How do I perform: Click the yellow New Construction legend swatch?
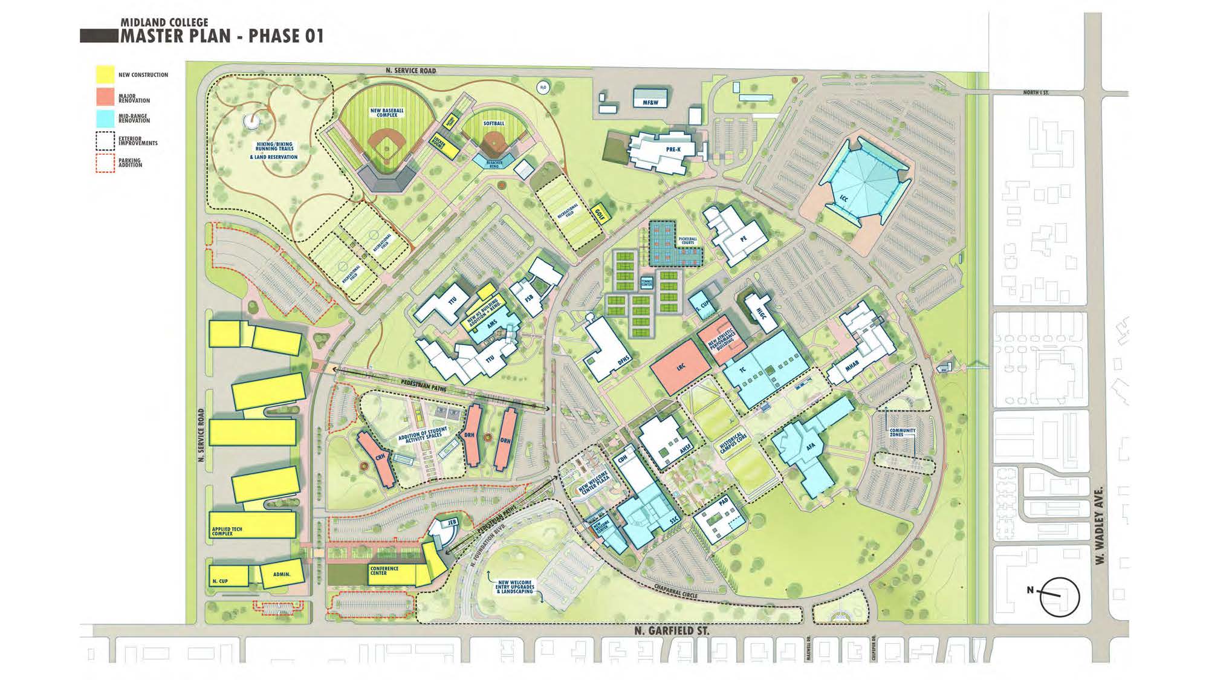point(105,74)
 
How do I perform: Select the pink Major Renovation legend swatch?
point(105,97)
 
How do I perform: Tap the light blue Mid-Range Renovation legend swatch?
point(105,118)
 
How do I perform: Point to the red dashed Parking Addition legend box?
point(105,163)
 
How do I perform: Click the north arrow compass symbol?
point(1059,597)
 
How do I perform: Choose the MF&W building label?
point(650,103)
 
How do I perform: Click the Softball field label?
point(493,123)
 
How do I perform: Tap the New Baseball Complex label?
point(387,113)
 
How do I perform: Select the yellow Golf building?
point(600,213)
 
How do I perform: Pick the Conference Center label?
point(384,571)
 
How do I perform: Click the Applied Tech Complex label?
point(227,531)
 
